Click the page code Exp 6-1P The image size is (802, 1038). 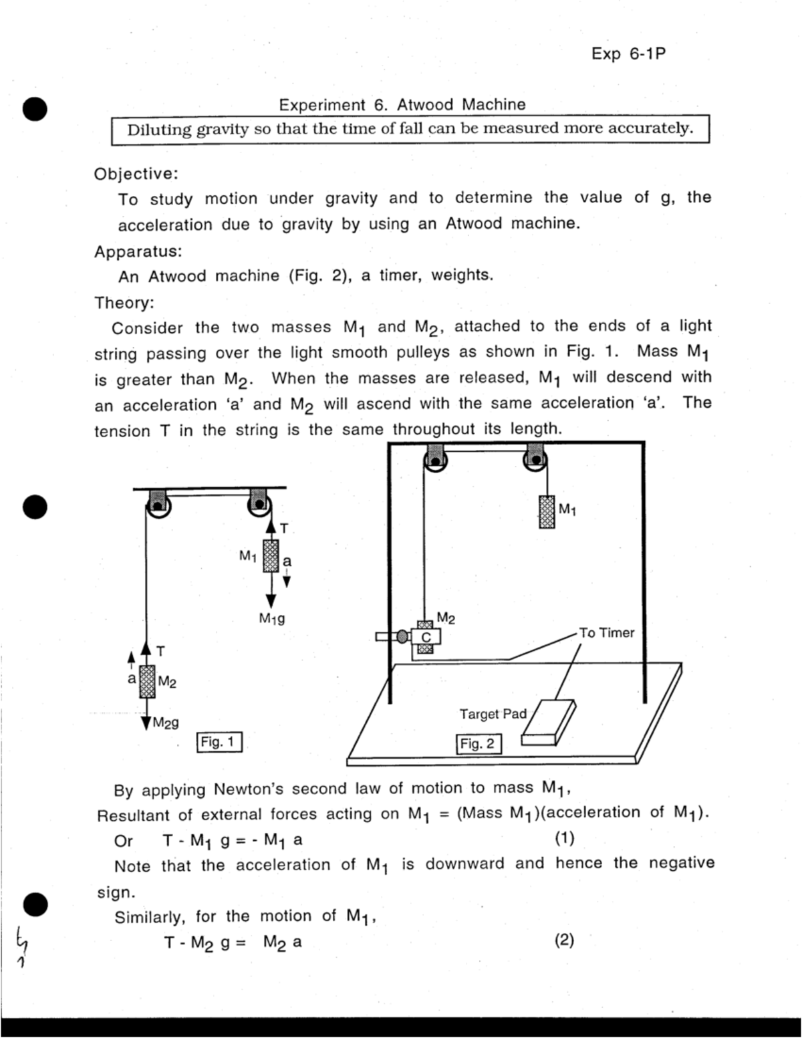pos(628,54)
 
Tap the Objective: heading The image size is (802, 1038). pos(136,174)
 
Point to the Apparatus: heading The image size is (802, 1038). pos(138,252)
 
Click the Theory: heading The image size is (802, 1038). pos(124,303)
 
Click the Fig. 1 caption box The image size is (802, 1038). pos(219,742)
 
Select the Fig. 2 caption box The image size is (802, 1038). pos(479,744)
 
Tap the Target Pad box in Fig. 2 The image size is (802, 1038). pos(548,722)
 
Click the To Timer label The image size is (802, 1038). pos(606,632)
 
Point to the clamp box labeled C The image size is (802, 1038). pos(426,637)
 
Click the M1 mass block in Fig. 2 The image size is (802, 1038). pos(547,512)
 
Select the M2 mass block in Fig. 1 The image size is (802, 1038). pos(147,681)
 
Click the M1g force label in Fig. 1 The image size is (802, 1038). pos(272,619)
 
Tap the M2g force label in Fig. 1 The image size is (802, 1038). pos(165,723)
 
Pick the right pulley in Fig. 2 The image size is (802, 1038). pos(535,459)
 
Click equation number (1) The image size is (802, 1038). pos(564,838)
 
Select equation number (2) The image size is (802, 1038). pos(564,940)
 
